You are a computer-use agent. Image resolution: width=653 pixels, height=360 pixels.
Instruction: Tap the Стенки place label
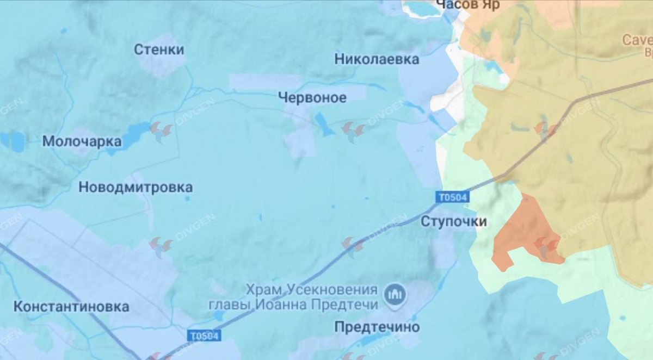[159, 49]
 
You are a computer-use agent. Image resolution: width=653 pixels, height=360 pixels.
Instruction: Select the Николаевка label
[377, 59]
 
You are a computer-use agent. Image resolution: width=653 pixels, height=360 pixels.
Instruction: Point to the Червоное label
[312, 97]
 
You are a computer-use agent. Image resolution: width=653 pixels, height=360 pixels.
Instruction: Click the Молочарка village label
[82, 141]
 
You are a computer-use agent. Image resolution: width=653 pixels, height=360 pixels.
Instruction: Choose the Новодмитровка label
[135, 188]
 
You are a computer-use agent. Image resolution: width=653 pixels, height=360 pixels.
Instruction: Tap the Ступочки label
[454, 221]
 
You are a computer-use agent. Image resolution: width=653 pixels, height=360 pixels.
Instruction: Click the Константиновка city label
[71, 307]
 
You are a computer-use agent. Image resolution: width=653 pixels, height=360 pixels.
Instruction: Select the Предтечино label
[377, 327]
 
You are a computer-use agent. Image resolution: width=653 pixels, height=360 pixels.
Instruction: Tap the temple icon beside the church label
[395, 295]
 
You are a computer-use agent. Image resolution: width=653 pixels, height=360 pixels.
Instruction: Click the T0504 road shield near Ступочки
[452, 197]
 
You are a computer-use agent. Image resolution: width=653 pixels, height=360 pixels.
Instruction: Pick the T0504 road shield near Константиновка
[205, 336]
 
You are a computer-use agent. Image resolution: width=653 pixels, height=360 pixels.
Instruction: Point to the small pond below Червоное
[323, 124]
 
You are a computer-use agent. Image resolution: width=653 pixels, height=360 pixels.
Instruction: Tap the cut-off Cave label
[637, 40]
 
